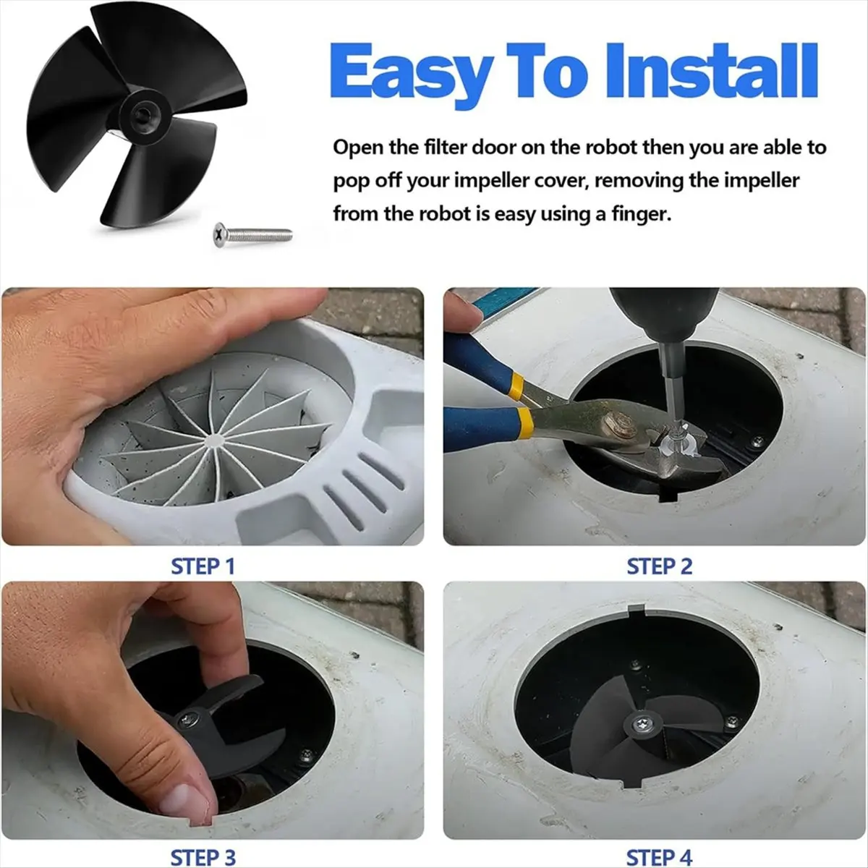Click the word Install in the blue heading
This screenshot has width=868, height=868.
[x=712, y=70]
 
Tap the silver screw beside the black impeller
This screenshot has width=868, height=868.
[x=252, y=234]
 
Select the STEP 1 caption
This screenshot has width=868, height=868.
[x=203, y=566]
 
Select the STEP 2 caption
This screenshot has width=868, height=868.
[x=660, y=566]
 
